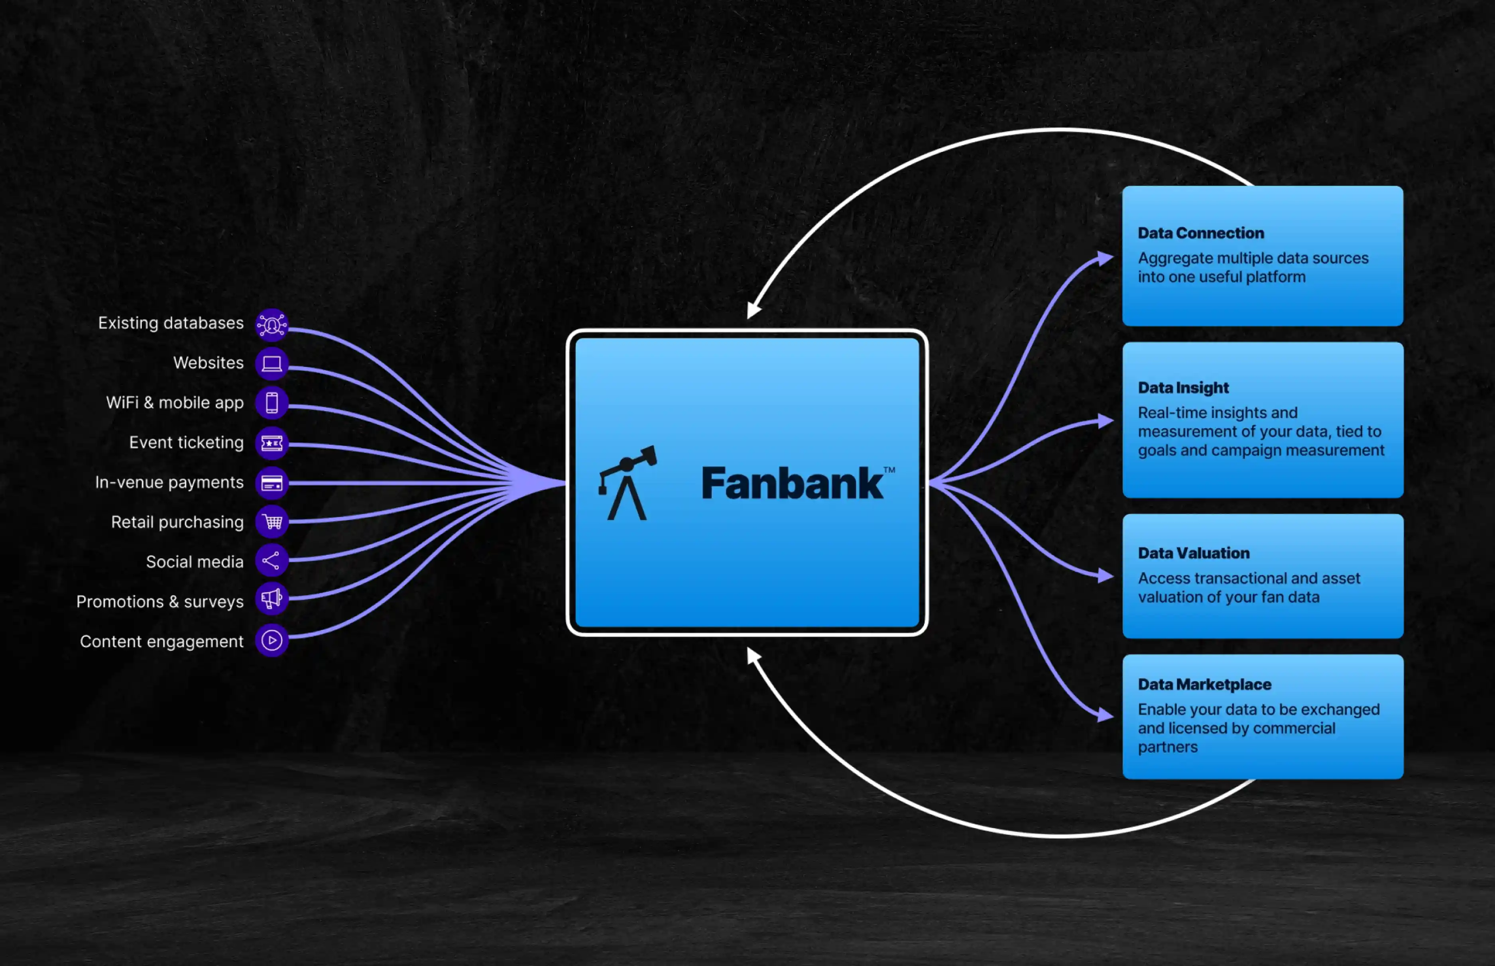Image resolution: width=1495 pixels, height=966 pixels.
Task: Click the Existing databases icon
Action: pyautogui.click(x=271, y=325)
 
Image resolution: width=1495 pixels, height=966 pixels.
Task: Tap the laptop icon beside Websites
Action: pyautogui.click(x=271, y=364)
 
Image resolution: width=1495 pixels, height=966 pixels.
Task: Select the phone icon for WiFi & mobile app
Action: pyautogui.click(x=271, y=403)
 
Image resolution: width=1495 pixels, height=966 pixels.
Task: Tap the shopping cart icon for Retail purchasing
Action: pyautogui.click(x=271, y=522)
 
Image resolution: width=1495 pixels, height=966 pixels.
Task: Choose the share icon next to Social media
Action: pyautogui.click(x=271, y=561)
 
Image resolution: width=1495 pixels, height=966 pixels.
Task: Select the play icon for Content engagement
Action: pyautogui.click(x=271, y=640)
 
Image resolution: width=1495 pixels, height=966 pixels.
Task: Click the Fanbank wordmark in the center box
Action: pyautogui.click(x=792, y=484)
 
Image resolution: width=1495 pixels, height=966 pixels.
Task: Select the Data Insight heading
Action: pyautogui.click(x=1183, y=388)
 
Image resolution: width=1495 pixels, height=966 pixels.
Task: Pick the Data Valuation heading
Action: pyautogui.click(x=1193, y=553)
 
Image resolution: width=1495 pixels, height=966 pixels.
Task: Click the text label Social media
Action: pyautogui.click(x=195, y=562)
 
